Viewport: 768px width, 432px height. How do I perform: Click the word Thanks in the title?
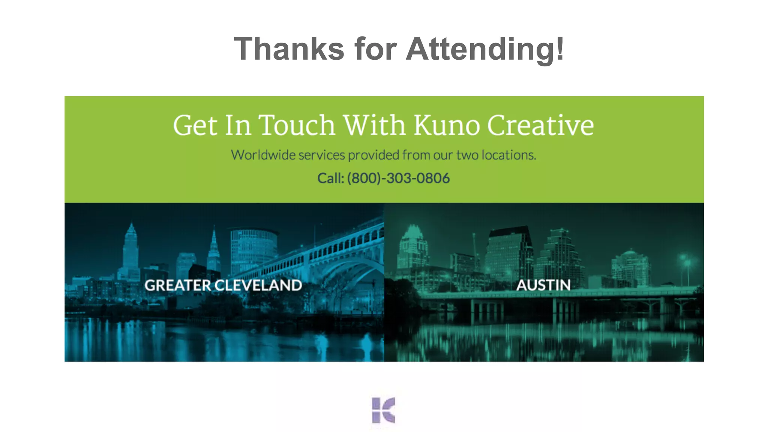click(289, 49)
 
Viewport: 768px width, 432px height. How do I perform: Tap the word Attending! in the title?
click(485, 49)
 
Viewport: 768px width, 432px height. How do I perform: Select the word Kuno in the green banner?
click(446, 125)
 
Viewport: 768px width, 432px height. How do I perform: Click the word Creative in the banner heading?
click(540, 125)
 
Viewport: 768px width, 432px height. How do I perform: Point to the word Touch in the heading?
click(297, 125)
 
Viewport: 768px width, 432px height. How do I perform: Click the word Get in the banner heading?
click(195, 125)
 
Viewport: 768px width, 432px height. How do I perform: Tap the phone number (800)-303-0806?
click(398, 178)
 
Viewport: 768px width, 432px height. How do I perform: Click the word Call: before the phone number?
click(330, 178)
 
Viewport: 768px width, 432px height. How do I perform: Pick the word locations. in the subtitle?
click(509, 155)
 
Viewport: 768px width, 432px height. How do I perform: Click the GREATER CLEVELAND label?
click(223, 285)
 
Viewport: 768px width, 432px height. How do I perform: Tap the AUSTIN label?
click(543, 285)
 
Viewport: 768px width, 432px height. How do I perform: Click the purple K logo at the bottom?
click(383, 410)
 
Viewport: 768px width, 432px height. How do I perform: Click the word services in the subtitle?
click(321, 155)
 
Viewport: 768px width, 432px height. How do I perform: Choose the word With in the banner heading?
click(374, 125)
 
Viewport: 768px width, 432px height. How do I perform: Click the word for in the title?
click(375, 49)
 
